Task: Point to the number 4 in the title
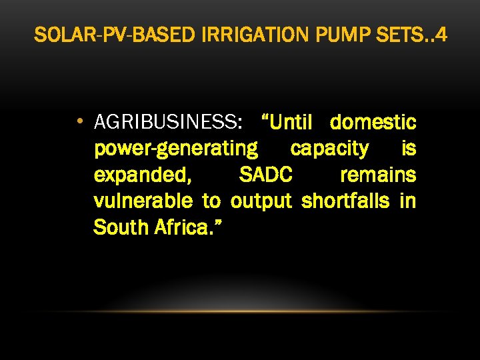443,35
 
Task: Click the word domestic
373,123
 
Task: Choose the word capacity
329,149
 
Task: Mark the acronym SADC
265,175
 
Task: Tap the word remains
378,175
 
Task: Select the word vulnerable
143,201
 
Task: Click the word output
261,201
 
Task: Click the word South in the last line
121,227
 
